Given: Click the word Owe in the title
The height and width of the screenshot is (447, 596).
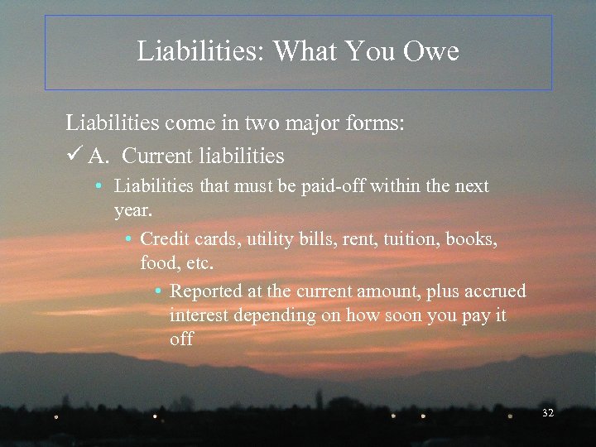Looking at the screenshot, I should point(430,52).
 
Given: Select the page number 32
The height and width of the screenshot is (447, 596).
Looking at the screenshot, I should point(546,412).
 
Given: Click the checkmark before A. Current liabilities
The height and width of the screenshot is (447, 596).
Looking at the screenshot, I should point(73,156).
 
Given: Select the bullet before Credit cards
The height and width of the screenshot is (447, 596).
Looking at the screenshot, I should point(130,240).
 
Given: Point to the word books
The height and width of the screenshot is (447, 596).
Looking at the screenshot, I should point(472,239).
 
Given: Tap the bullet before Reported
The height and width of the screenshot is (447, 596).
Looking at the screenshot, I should point(159,292).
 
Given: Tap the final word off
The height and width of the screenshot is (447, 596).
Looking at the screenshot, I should point(181,339).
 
